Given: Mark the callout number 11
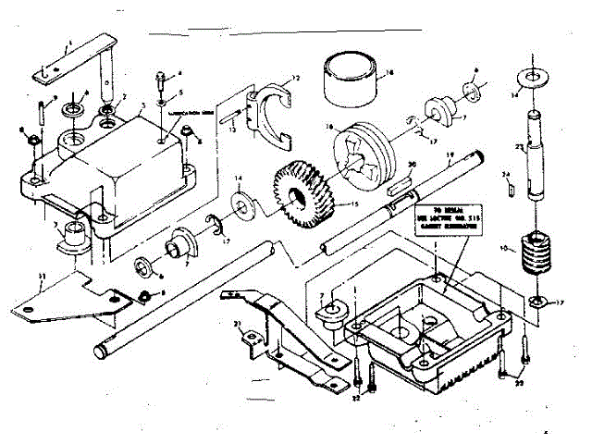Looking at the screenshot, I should [x=40, y=277].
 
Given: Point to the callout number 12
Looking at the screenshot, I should [x=295, y=77].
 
